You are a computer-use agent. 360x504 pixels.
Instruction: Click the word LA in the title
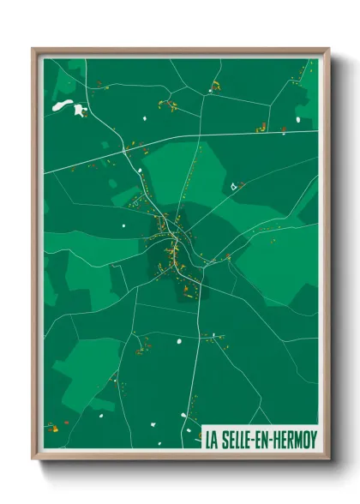tap(211, 441)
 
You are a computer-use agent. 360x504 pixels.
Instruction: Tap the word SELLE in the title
tap(236, 441)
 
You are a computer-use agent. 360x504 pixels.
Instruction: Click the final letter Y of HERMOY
tap(312, 441)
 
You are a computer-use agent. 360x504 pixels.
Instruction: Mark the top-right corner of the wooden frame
tap(328, 49)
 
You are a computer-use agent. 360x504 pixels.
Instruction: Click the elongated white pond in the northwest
tap(63, 105)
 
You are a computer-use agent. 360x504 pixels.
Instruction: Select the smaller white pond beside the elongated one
tap(80, 111)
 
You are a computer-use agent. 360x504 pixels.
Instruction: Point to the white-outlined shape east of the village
tap(233, 185)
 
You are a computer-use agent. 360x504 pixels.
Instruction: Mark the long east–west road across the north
tap(197, 140)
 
